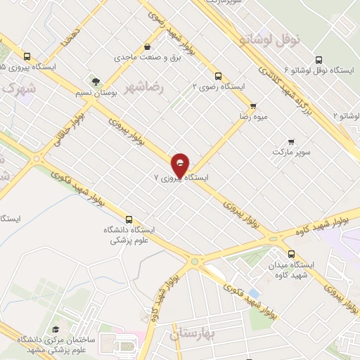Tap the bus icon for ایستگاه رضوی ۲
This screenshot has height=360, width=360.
click(x=217, y=76)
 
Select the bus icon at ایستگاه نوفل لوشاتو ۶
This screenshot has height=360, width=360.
click(x=319, y=60)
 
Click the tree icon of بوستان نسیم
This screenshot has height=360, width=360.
click(x=89, y=82)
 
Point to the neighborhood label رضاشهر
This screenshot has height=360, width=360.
click(x=143, y=88)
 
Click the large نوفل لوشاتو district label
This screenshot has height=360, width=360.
click(x=271, y=39)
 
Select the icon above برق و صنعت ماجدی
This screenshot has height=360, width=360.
click(x=146, y=47)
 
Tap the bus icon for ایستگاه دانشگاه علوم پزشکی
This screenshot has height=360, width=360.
click(x=128, y=219)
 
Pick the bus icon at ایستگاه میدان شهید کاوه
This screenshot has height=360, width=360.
click(x=290, y=255)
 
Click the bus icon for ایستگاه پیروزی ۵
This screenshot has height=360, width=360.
click(x=27, y=57)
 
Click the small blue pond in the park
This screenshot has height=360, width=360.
click(x=254, y=291)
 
